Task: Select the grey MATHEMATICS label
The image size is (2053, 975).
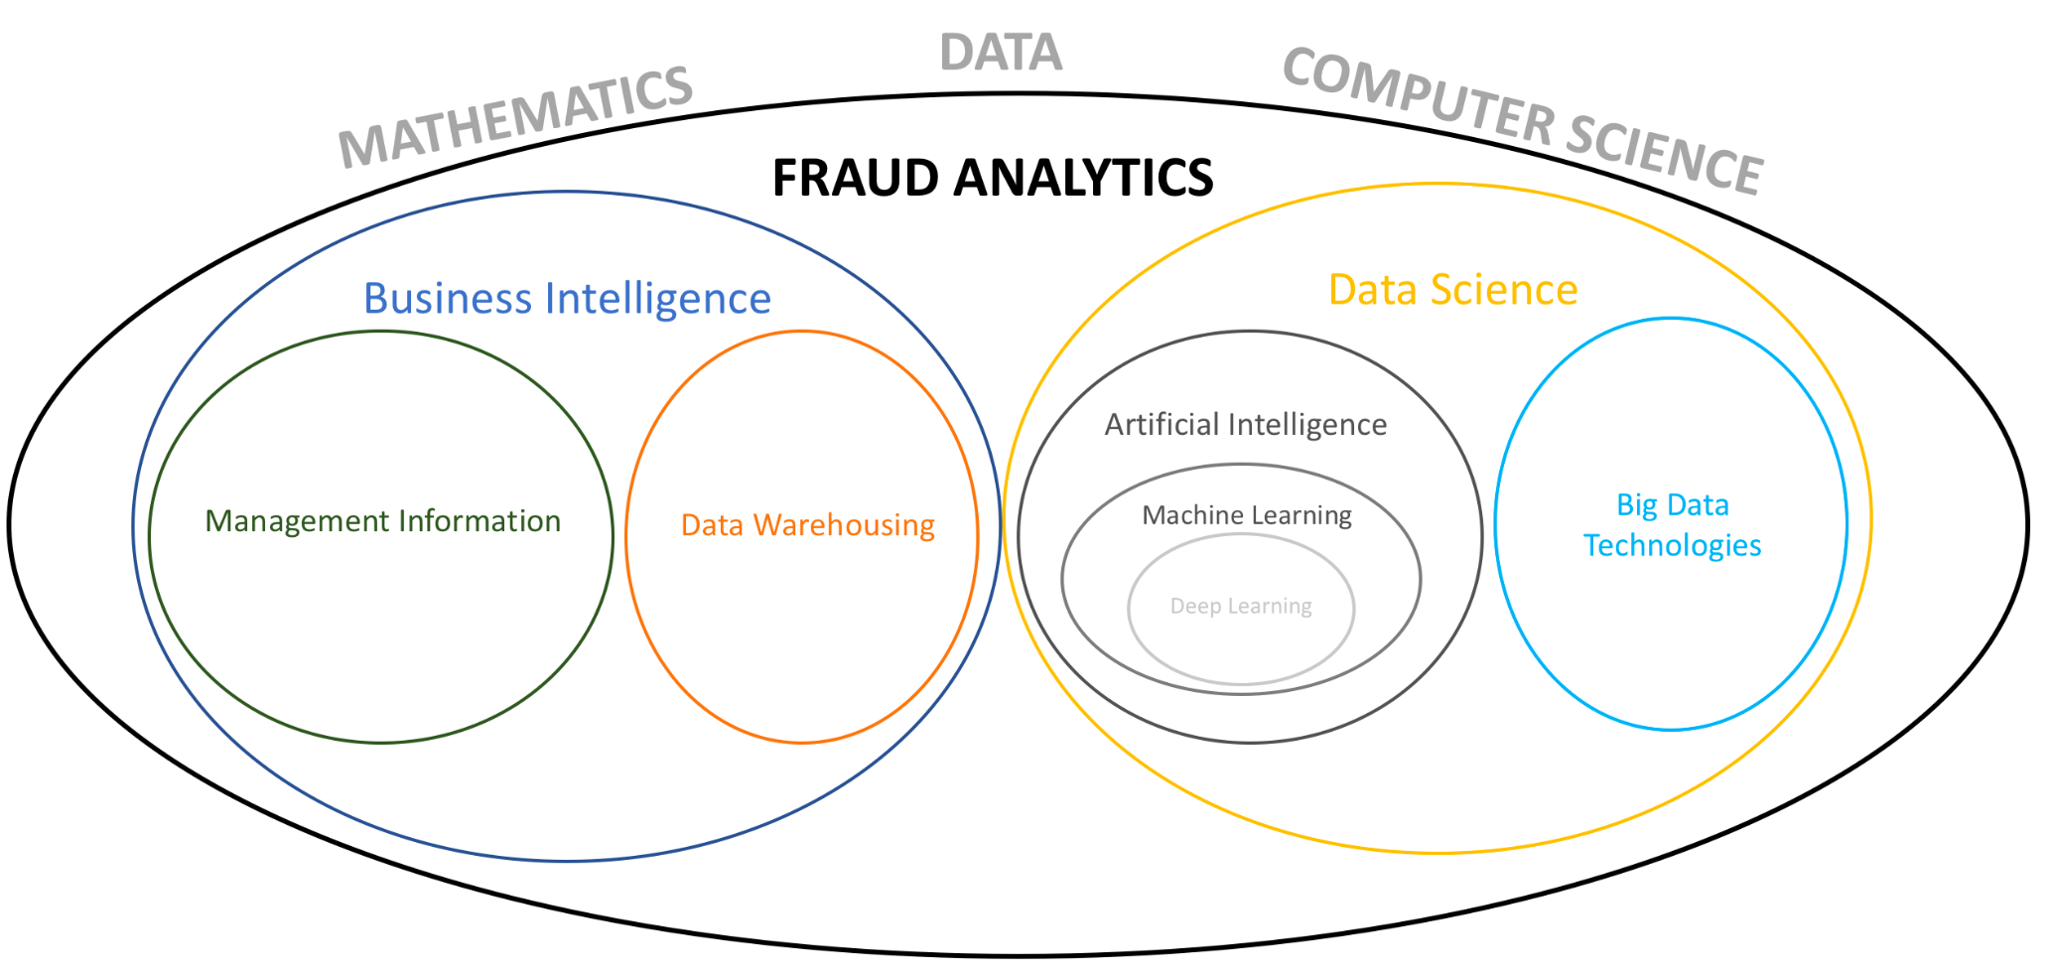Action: [x=515, y=116]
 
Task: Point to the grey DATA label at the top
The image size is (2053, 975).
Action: [x=1001, y=53]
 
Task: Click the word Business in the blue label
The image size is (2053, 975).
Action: [x=448, y=299]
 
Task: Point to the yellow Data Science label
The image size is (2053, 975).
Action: [x=1452, y=290]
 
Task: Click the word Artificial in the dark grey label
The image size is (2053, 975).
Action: [x=1162, y=425]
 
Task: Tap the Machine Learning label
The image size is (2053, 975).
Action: [x=1247, y=515]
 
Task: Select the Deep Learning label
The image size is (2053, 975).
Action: [x=1241, y=606]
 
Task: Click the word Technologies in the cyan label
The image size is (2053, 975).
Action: [x=1672, y=545]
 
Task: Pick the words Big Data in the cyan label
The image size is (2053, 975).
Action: [x=1673, y=505]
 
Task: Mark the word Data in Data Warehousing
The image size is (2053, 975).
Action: [x=712, y=525]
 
